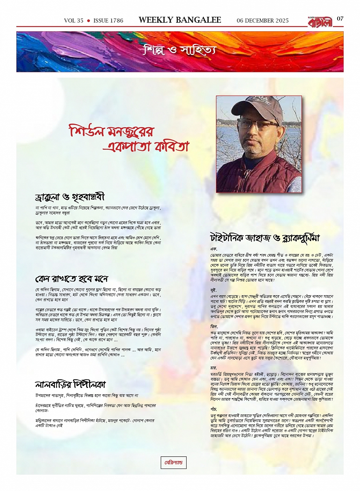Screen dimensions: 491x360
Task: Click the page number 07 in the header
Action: pyautogui.click(x=340, y=19)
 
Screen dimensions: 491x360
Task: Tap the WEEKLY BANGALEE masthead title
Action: pyautogui.click(x=180, y=20)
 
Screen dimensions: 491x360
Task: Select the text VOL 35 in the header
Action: pyautogui.click(x=74, y=21)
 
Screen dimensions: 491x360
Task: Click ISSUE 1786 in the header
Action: pyautogui.click(x=108, y=21)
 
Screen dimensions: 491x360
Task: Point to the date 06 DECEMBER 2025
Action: pyautogui.click(x=262, y=21)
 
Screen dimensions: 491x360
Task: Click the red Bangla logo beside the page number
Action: pyautogui.click(x=321, y=21)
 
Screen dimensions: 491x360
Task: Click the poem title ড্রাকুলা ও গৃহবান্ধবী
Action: pyautogui.click(x=69, y=198)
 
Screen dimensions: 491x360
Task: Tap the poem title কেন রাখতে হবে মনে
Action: pyautogui.click(x=72, y=279)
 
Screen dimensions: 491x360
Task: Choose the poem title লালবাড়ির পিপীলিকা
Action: pyautogui.click(x=70, y=384)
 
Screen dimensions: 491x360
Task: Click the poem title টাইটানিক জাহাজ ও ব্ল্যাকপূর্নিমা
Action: pyautogui.click(x=265, y=238)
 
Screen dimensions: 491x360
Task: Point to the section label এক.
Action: pyautogui.click(x=213, y=248)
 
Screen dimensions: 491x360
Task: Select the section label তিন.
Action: pyautogui.click(x=214, y=327)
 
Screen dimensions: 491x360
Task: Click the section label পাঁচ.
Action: pyautogui.click(x=214, y=408)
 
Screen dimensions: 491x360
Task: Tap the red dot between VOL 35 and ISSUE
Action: pyautogui.click(x=88, y=21)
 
